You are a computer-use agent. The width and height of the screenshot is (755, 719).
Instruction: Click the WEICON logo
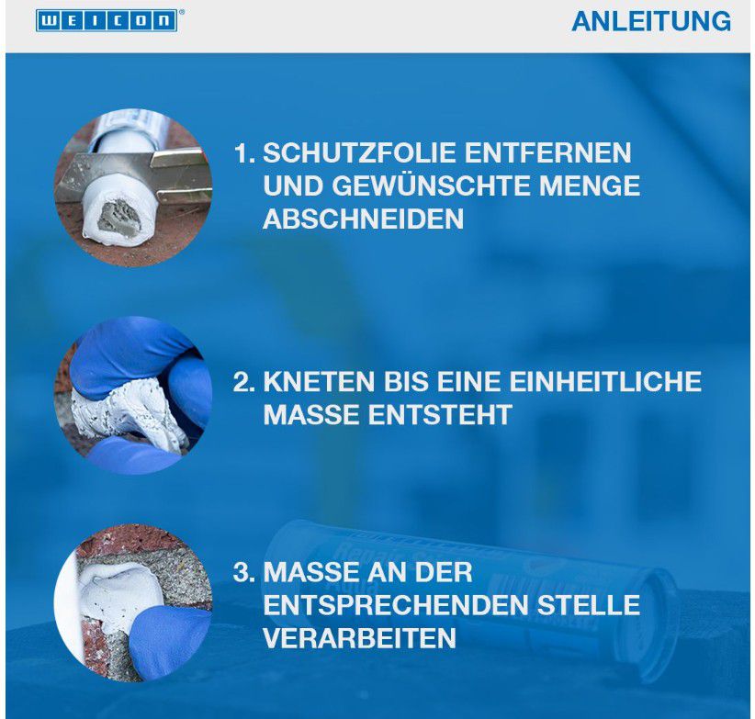tap(107, 21)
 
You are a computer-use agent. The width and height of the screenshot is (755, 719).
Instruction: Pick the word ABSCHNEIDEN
tap(363, 219)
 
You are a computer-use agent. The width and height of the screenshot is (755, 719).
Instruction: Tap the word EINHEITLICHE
tap(601, 381)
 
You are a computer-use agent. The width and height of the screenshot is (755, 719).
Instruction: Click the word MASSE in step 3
tap(309, 573)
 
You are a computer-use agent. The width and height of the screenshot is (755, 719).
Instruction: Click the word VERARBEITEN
tap(359, 639)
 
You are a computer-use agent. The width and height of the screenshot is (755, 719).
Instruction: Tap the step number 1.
tap(242, 152)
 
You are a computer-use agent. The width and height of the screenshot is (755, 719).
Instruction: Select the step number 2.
tap(242, 381)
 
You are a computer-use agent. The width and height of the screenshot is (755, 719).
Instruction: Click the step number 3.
tap(242, 573)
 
